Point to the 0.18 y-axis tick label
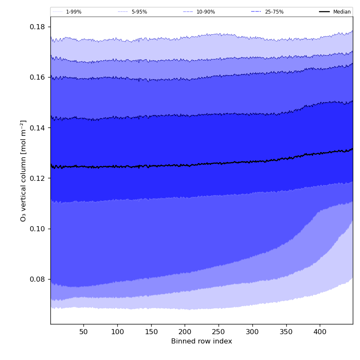point(37,27)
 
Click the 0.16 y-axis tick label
point(37,78)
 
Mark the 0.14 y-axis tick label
point(37,128)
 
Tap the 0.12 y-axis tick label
point(37,178)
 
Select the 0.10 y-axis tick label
point(37,229)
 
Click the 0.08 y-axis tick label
point(37,279)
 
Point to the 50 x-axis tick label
point(83,332)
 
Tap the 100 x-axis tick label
point(117,332)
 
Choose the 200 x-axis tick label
point(185,332)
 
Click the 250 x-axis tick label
point(219,332)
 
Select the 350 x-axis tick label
point(286,332)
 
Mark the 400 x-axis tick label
point(320,332)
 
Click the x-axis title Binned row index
point(202,341)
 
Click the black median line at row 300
point(252,161)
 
